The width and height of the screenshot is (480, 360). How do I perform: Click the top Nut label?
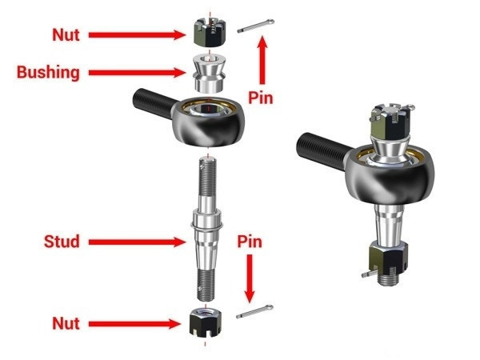tap(66, 35)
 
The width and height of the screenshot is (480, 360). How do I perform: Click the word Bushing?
tap(48, 73)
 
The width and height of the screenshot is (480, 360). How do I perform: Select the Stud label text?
tap(62, 242)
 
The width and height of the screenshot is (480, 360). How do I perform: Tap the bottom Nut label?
tap(66, 323)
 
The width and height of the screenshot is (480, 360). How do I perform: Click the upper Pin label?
tap(261, 98)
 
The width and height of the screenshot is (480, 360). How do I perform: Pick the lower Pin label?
tap(250, 242)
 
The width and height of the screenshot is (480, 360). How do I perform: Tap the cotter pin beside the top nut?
tap(256, 26)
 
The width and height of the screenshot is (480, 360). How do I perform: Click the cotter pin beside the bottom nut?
tap(254, 312)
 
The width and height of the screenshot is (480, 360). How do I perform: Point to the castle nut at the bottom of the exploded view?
tap(206, 322)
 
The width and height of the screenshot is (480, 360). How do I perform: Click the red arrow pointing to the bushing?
tap(137, 73)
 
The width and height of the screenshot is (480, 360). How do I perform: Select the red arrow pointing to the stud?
tap(137, 242)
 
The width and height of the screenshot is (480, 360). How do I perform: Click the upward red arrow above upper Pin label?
tap(262, 60)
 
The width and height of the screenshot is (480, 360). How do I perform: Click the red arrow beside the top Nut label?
tap(137, 35)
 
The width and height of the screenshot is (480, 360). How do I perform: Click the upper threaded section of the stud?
tap(207, 177)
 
